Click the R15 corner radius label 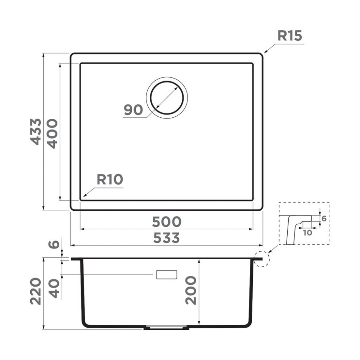point(289,36)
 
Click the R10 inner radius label point(110,179)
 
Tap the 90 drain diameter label point(133,110)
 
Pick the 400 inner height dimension point(53,134)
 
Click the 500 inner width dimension point(166,222)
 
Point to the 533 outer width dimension point(166,238)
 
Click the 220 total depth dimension point(36,291)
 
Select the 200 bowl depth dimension point(191,290)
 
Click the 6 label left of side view point(54,244)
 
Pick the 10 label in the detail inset point(307,233)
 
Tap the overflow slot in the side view point(166,274)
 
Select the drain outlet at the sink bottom point(166,328)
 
